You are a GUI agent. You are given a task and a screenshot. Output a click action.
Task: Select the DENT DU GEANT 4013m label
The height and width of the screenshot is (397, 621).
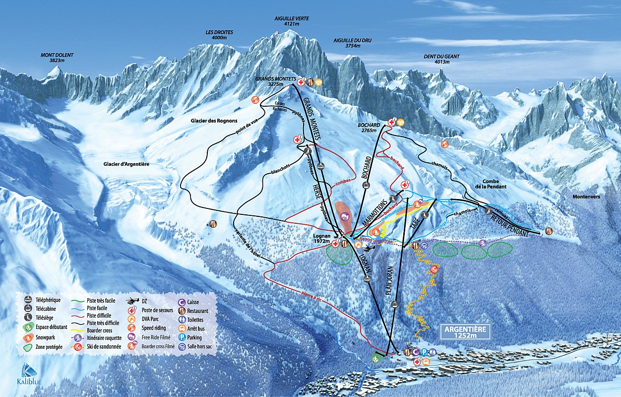click(x=441, y=59)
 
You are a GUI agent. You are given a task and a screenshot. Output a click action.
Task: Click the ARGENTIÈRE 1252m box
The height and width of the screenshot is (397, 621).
click(x=465, y=331)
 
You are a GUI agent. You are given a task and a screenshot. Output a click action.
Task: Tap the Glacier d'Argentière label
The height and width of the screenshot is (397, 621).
click(x=126, y=164)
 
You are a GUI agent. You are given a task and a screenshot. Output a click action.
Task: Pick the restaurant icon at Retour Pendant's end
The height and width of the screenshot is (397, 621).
click(x=549, y=231)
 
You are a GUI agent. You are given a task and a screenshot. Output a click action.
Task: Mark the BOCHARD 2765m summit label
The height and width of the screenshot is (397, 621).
click(x=370, y=127)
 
